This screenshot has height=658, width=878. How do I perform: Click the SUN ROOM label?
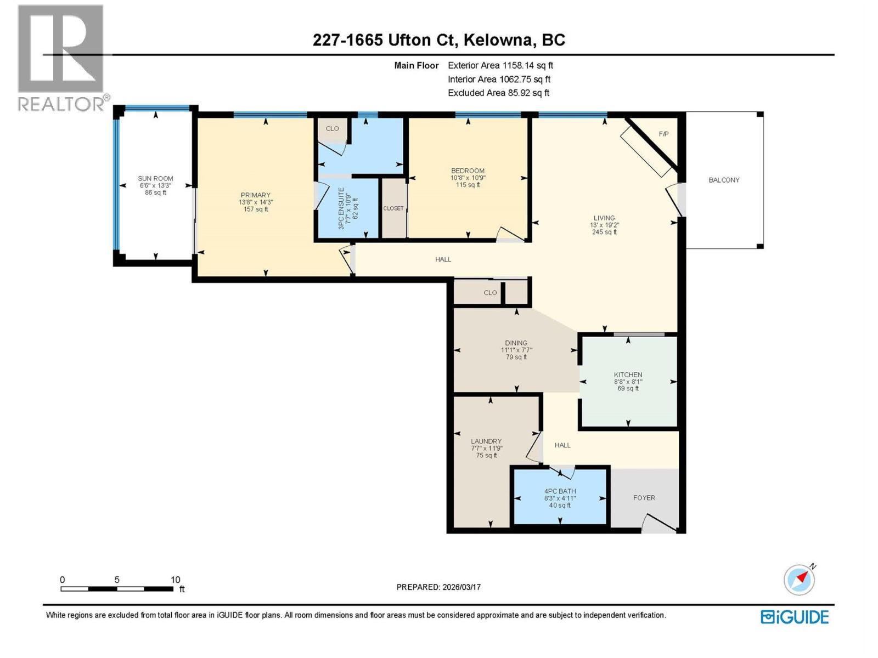[x=155, y=179]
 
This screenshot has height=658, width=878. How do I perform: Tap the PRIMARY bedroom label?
[x=255, y=195]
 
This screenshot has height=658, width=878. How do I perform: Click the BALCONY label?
[x=724, y=180]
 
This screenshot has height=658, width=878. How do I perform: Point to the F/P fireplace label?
[x=663, y=134]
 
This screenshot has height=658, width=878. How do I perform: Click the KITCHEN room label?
[x=628, y=375]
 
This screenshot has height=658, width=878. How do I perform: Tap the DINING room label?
[x=516, y=343]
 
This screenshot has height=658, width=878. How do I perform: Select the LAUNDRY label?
[x=486, y=441]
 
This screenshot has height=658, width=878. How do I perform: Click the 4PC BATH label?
[x=560, y=491]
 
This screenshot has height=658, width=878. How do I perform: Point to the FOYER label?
[x=644, y=498]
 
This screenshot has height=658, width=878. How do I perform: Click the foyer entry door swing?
[x=658, y=524]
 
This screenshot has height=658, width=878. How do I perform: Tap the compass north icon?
[x=799, y=580]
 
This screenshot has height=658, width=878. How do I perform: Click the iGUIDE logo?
[x=794, y=617]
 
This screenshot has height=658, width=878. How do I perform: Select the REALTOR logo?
[x=61, y=58]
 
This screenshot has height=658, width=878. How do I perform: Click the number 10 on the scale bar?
[x=175, y=580]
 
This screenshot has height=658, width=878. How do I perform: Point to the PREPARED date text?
[x=438, y=587]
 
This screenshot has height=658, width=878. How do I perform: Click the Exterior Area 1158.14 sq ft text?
[x=500, y=65]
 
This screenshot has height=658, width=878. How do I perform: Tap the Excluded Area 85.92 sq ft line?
[x=498, y=93]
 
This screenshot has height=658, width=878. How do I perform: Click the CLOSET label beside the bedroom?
[x=393, y=208]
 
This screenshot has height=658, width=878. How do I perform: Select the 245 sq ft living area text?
[x=604, y=232]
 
